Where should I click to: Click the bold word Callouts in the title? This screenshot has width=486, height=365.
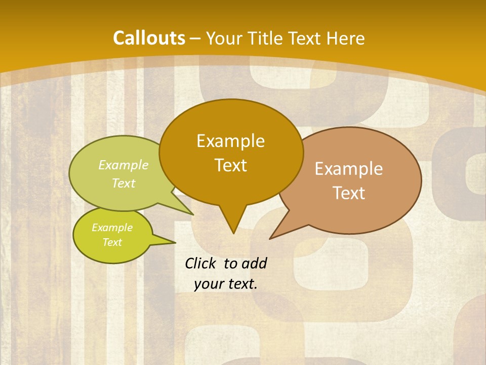tap(149, 38)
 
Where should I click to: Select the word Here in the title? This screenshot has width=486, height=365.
tap(346, 39)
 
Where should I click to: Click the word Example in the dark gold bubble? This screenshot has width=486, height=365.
tap(230, 140)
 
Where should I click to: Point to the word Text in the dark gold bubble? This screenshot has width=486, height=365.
tap(230, 165)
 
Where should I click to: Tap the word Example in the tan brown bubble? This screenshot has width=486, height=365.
tap(349, 168)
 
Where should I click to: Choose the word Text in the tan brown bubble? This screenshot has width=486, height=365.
tap(349, 193)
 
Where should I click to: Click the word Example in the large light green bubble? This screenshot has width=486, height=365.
tap(124, 165)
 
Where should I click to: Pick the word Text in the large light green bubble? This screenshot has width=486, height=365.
tap(124, 183)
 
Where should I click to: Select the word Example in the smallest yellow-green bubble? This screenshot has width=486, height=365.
tap(112, 228)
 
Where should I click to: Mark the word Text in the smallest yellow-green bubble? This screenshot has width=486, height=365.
tap(112, 242)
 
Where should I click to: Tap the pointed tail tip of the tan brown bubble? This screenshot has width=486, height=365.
tap(270, 238)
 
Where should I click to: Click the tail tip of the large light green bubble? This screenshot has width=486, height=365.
tap(193, 214)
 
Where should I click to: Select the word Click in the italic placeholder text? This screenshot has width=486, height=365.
tap(201, 263)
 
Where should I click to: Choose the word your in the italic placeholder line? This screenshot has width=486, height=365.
tap(209, 284)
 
